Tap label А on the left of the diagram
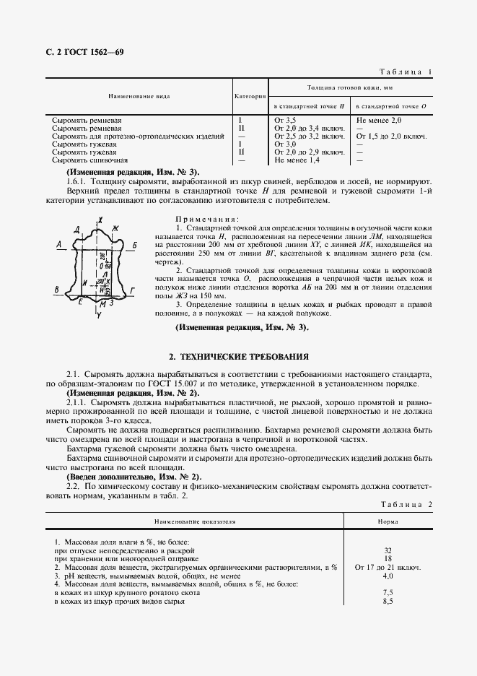click(57, 245)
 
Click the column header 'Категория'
click(250, 95)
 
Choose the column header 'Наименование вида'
click(139, 95)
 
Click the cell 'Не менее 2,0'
click(380, 118)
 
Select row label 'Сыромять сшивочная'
click(90, 160)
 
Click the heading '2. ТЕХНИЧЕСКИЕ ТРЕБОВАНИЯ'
click(239, 356)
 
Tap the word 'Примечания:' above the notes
click(207, 218)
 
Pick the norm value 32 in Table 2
click(388, 550)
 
